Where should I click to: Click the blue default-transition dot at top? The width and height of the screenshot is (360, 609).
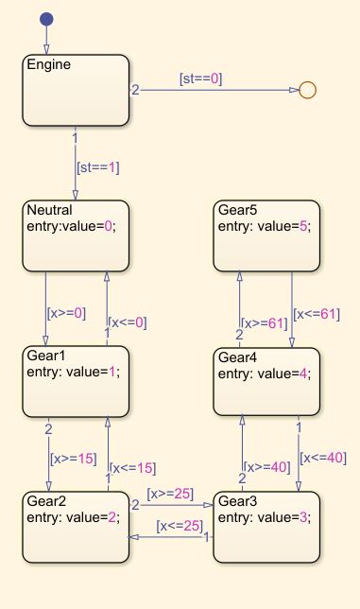tap(47, 20)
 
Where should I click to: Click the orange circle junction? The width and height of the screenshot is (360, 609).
tap(306, 90)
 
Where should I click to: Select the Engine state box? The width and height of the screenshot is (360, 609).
tap(76, 91)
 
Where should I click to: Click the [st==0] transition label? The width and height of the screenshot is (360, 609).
tap(200, 79)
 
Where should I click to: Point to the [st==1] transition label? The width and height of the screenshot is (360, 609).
tap(97, 167)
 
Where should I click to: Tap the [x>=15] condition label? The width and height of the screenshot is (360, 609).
tap(73, 459)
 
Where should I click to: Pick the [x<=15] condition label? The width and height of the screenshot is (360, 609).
tap(133, 467)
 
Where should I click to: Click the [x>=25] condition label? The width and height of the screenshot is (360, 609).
tap(169, 495)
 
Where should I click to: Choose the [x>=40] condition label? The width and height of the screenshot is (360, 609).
tap(267, 466)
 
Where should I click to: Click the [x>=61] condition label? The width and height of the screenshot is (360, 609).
tap(265, 322)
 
